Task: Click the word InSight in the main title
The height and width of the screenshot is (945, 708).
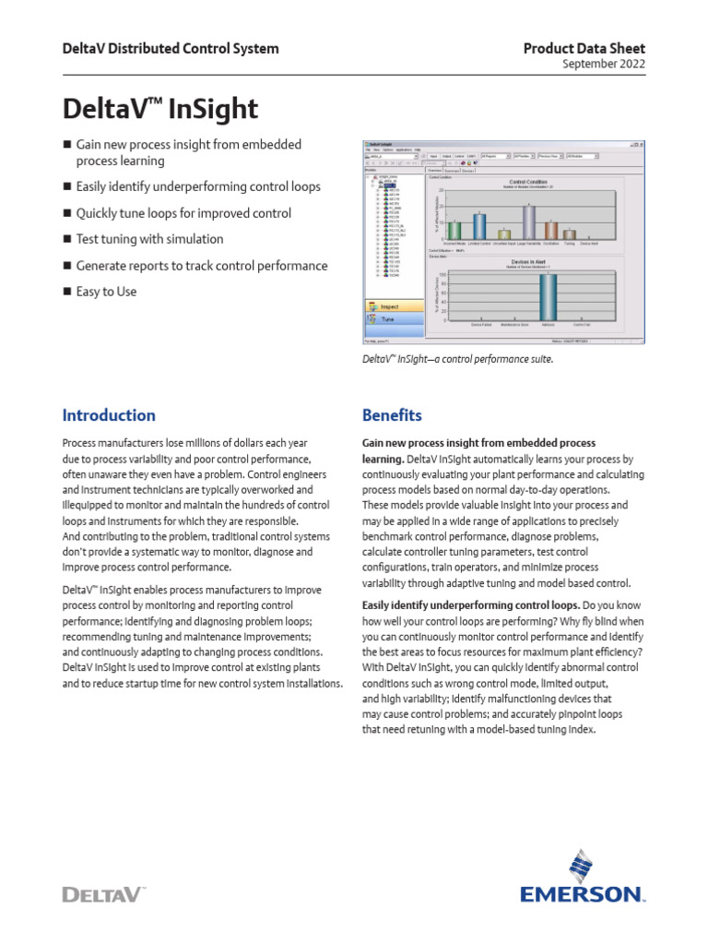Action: point(213,110)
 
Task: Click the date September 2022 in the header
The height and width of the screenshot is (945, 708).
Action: point(603,64)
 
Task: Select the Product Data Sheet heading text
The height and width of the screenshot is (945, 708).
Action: point(584,48)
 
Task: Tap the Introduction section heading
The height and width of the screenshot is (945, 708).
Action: point(109,415)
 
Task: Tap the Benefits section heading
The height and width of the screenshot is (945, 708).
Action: point(392,415)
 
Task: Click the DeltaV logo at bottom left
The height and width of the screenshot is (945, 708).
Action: point(104,892)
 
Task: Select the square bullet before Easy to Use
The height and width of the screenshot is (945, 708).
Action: point(66,292)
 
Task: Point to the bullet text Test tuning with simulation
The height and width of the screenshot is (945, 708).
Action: point(149,239)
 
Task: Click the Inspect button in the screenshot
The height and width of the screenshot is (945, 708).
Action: point(391,305)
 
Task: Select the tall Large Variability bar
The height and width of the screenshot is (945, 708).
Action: point(528,221)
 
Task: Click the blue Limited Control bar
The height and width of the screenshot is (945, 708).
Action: point(479,226)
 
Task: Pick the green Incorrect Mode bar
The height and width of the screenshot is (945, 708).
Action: point(454,230)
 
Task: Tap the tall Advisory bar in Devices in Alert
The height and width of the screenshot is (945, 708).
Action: point(549,295)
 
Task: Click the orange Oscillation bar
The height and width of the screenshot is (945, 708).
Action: point(550,230)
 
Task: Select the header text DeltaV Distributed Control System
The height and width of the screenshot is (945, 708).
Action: point(171,49)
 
